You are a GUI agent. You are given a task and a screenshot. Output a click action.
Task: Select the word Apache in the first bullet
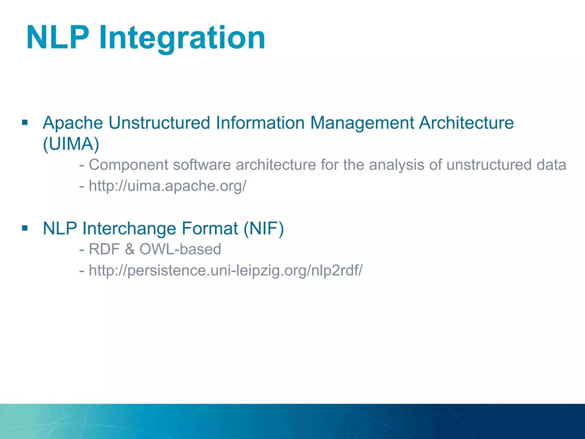point(73,123)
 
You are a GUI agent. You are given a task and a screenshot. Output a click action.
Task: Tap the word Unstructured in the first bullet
point(159,123)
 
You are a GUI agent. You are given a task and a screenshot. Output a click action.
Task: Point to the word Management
point(362,123)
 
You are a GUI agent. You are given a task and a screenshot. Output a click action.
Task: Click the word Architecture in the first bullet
point(466,123)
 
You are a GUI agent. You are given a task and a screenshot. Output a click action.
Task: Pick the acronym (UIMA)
point(71,144)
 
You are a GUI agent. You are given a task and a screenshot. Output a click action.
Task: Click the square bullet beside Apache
point(25,123)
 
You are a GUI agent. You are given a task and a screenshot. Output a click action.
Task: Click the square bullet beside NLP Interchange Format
point(25,228)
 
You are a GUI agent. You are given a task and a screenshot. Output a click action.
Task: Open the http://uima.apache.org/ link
point(167,186)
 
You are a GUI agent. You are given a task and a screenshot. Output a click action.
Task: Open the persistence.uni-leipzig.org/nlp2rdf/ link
point(225,270)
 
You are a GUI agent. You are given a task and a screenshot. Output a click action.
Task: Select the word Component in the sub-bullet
point(129,165)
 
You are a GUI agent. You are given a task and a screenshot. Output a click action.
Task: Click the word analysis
point(396,165)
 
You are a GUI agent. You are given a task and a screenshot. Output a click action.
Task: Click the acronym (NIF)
point(264,228)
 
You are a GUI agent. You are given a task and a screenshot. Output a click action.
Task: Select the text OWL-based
point(180,249)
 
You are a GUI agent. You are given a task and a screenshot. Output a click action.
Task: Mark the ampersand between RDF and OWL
point(129,249)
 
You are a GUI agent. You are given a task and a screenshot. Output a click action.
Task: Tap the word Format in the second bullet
point(210,228)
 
